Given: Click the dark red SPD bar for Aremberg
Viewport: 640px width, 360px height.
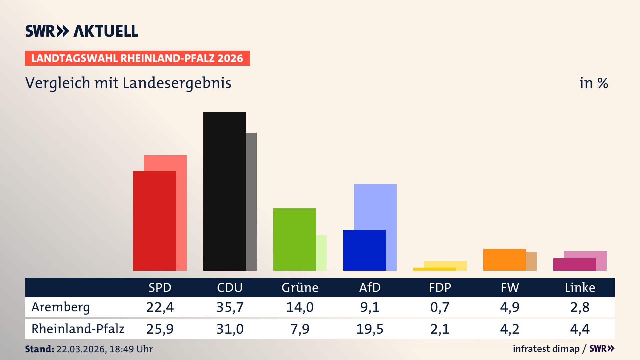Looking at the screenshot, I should point(154,221).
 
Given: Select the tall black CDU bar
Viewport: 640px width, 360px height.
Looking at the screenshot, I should point(224,191).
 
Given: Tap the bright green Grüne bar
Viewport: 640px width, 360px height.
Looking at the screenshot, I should point(294,239).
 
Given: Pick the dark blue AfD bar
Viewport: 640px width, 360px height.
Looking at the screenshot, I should point(364,250).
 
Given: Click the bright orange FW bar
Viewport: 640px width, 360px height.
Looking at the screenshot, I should point(504,260).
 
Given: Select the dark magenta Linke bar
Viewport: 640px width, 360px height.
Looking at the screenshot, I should point(574,265).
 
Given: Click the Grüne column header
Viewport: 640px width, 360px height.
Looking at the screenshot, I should point(300,287).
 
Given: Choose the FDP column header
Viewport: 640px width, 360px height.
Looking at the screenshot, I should point(440,287).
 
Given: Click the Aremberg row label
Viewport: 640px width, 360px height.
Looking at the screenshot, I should point(61,307).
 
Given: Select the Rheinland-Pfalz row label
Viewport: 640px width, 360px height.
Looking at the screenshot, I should point(78,329).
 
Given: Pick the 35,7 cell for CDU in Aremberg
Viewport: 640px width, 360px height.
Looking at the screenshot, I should point(230,307).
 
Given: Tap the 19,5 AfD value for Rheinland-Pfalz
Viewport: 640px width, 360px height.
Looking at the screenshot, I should point(370,329).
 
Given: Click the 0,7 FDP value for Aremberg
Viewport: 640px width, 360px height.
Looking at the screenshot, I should point(440,307).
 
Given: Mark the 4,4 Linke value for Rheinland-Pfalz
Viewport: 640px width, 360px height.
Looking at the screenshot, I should point(580,329).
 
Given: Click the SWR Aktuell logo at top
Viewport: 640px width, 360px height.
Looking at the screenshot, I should point(82,31).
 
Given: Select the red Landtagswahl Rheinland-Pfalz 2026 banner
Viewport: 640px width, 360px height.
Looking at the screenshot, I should point(137,58).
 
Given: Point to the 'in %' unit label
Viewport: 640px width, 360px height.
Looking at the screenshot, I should point(593,83).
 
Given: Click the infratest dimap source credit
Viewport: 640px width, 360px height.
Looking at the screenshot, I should point(546,349).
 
